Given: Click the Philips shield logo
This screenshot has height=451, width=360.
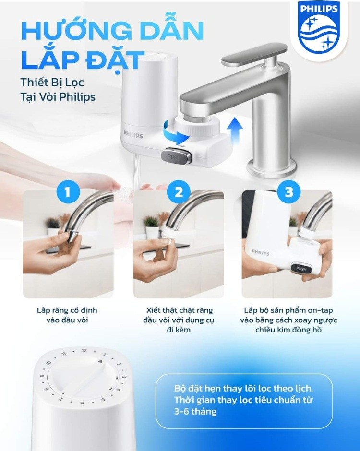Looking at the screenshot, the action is pos(319,27).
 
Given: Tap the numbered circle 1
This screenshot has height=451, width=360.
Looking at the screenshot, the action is pos(68,192).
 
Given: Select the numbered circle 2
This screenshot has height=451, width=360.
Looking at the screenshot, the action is pos(179,192).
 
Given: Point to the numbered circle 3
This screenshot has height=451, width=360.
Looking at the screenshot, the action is pos(288,192).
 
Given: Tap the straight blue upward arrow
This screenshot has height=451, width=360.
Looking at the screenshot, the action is pos(235,131).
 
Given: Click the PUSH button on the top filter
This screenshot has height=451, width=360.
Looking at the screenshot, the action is pos(176,157).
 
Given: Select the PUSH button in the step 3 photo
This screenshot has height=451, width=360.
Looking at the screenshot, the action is pos(300,269).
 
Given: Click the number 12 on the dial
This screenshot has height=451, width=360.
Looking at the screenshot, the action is pos(84,351).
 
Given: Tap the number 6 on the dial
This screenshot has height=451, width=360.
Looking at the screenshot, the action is pos(82,403).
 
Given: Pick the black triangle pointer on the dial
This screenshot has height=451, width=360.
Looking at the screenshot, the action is pos(100,361).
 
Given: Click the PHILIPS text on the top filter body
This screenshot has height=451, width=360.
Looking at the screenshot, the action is pos(133,134).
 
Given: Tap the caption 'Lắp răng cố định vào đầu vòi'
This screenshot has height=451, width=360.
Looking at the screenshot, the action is pos(67,315).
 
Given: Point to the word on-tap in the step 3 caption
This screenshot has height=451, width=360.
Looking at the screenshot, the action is pos(320,310).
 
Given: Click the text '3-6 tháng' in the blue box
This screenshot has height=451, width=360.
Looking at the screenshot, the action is pos(195,412).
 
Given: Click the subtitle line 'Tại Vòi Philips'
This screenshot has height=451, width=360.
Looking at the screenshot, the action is pos(58,97).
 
